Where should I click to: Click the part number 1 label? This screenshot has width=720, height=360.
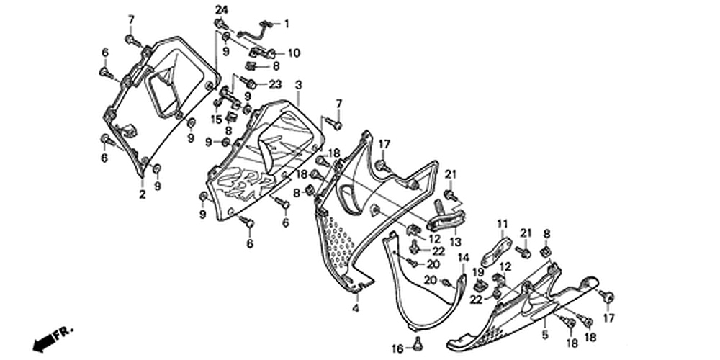(x=286, y=24)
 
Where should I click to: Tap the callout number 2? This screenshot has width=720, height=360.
(x=143, y=194)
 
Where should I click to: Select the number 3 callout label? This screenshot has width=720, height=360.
(x=298, y=85)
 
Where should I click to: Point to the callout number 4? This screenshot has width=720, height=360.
(x=355, y=308)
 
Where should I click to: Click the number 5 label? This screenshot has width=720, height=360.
(x=544, y=336)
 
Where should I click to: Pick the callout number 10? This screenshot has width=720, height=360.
(x=294, y=53)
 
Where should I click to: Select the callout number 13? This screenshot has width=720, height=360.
(x=454, y=242)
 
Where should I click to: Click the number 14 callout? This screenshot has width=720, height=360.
(x=464, y=258)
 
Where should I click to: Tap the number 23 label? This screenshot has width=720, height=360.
(x=274, y=84)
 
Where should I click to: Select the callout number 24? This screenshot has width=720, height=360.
(x=220, y=9)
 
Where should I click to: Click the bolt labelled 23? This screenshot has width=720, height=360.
(x=250, y=84)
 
